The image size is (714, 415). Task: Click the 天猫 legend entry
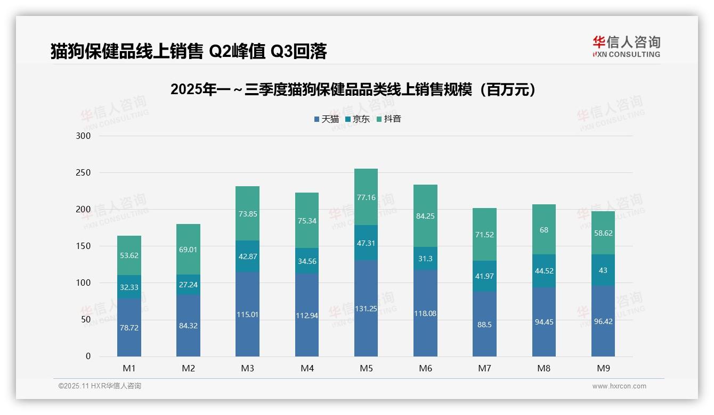tap(327, 119)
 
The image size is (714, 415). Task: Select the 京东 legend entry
tap(358, 119)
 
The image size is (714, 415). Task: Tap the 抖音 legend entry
tap(388, 119)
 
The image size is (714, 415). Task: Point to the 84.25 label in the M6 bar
tap(425, 216)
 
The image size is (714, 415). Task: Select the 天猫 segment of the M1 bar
tap(129, 327)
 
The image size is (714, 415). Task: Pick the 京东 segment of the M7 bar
tap(484, 276)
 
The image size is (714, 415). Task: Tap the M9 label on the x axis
tap(603, 368)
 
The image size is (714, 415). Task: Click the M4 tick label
tap(307, 368)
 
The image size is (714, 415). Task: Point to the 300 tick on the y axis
tap(84, 136)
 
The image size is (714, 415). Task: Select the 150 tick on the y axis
tap(84, 246)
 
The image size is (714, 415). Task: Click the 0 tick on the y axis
tap(88, 356)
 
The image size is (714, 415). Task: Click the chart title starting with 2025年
tap(353, 90)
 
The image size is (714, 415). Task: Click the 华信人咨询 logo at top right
tap(626, 46)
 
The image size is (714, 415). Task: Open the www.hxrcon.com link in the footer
tap(619, 386)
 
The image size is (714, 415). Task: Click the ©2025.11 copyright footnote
tap(100, 386)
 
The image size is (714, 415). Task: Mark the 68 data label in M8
tap(543, 230)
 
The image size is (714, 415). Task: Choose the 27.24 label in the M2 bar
tap(188, 285)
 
